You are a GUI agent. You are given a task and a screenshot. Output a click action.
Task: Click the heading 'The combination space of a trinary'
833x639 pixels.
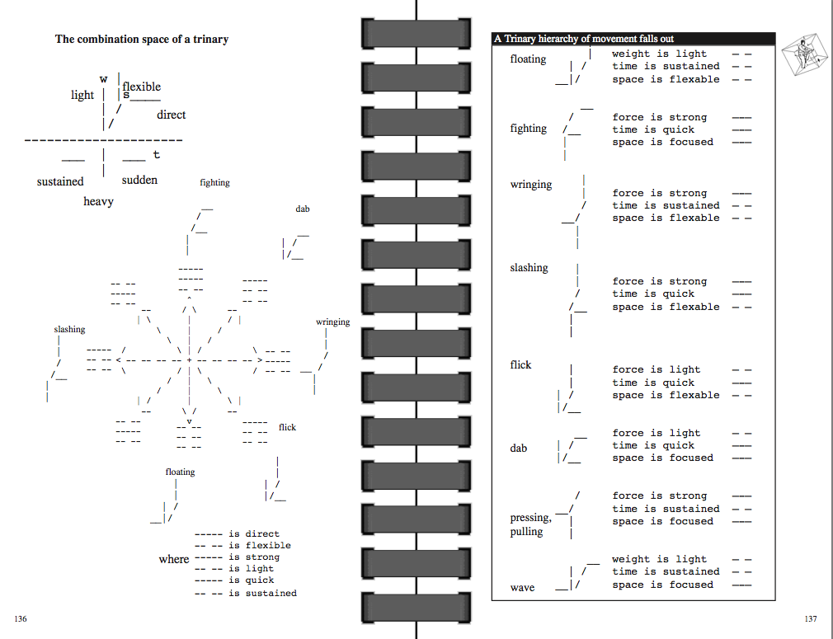pos(142,39)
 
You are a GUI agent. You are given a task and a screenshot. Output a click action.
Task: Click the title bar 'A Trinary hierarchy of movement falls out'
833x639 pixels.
pos(584,39)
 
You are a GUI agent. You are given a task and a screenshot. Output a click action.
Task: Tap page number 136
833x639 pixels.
pos(21,618)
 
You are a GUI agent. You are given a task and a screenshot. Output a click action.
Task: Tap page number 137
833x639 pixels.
pos(810,618)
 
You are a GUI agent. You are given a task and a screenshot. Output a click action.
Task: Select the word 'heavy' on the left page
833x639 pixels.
pos(98,201)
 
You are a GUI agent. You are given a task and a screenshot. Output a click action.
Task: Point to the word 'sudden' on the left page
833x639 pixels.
pos(139,180)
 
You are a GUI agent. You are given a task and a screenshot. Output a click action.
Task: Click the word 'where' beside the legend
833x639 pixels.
pos(173,559)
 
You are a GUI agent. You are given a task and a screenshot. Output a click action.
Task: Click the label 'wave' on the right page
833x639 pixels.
pos(522,588)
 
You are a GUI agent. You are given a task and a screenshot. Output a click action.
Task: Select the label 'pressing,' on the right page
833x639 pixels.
pos(530,518)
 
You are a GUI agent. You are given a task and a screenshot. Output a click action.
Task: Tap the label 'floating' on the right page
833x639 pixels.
pos(528,59)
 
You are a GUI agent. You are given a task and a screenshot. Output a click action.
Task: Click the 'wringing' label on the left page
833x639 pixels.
pos(332,322)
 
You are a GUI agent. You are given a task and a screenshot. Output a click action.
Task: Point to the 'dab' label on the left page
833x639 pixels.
pos(303,209)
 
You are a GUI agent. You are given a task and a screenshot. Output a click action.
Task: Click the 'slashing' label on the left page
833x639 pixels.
pos(69,329)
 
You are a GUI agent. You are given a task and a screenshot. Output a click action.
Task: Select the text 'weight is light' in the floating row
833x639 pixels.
pos(659,54)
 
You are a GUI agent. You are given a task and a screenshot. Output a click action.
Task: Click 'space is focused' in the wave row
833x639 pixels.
pos(662,585)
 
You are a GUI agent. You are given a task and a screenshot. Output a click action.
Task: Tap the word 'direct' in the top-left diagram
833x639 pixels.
pos(171,115)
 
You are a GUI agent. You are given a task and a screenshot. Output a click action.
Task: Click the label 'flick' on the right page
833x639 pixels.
pos(520,364)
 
